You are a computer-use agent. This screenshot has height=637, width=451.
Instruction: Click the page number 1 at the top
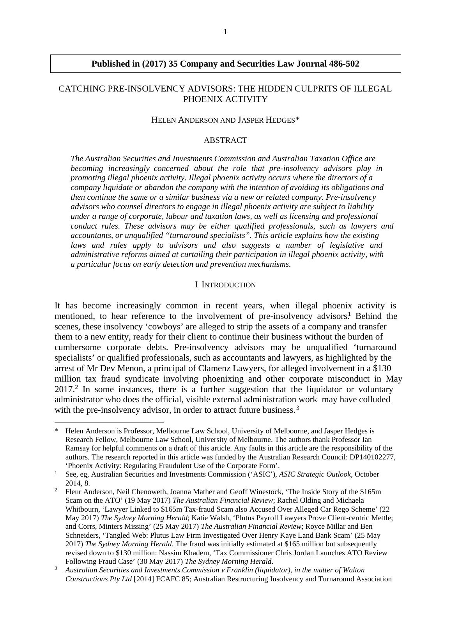[x=225, y=32]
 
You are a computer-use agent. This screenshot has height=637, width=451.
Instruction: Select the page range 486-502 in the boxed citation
[x=344, y=64]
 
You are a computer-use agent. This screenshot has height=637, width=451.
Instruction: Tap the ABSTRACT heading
[x=225, y=140]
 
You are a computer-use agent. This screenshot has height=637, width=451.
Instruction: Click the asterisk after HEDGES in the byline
[x=297, y=119]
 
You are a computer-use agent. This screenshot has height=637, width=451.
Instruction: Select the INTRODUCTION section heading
[x=229, y=285]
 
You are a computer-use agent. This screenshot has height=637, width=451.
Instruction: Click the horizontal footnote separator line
[x=109, y=422]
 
